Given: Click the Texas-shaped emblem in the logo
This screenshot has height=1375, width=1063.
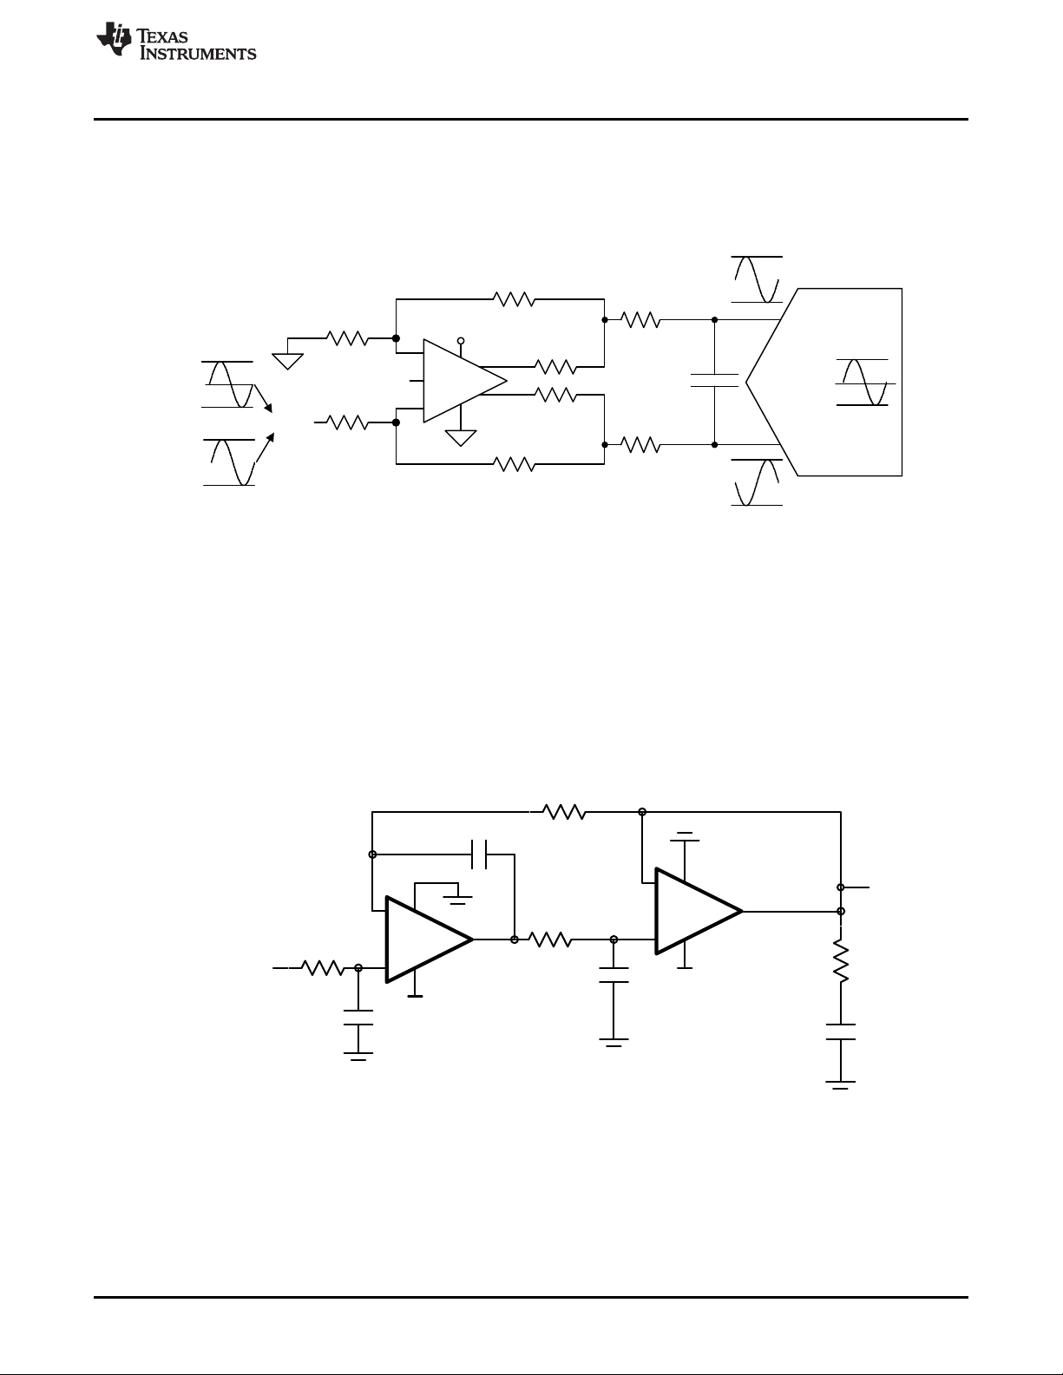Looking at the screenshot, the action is [114, 39].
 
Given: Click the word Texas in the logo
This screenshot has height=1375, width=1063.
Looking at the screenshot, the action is [162, 36].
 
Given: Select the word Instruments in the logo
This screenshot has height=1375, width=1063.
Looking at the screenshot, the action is [198, 53].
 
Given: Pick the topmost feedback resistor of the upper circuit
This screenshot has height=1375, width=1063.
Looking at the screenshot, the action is [514, 299].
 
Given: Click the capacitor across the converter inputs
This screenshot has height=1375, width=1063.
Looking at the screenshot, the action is [714, 380].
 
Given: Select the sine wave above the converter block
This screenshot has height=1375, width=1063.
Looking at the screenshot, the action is [757, 279].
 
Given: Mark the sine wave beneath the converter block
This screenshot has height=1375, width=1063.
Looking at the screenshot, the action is [757, 482].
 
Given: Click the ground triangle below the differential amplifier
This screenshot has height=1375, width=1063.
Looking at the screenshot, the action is [461, 438].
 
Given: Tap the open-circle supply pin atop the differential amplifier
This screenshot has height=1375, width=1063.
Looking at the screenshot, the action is [461, 341].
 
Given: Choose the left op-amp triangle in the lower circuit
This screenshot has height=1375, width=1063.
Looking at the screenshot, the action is [429, 940].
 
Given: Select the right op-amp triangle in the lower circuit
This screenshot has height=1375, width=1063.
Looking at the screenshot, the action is [699, 911].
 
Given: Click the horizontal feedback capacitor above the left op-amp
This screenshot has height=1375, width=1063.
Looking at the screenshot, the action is [480, 854].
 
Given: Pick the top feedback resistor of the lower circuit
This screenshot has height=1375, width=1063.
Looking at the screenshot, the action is [564, 812].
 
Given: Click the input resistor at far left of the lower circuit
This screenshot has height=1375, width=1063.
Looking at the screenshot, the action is [322, 968].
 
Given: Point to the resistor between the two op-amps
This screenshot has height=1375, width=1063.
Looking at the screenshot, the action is [550, 940].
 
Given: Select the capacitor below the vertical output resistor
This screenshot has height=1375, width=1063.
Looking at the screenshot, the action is [840, 1032].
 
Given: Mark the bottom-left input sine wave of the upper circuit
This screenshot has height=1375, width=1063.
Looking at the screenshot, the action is [229, 462].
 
